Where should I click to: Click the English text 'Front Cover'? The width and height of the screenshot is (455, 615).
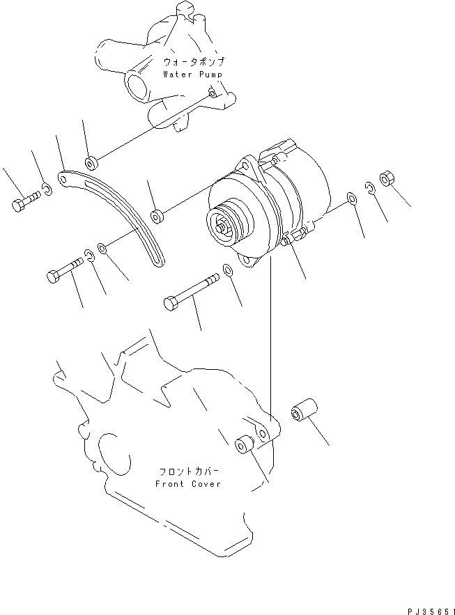(x=188, y=483)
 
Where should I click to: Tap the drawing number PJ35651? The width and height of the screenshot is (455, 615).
(x=427, y=607)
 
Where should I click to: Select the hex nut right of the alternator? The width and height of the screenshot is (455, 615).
(x=388, y=178)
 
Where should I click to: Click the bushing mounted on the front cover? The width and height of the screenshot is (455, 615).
(x=245, y=444)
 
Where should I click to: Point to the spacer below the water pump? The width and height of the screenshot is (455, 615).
(x=92, y=162)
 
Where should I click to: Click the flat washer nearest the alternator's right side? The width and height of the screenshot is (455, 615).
(x=352, y=200)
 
